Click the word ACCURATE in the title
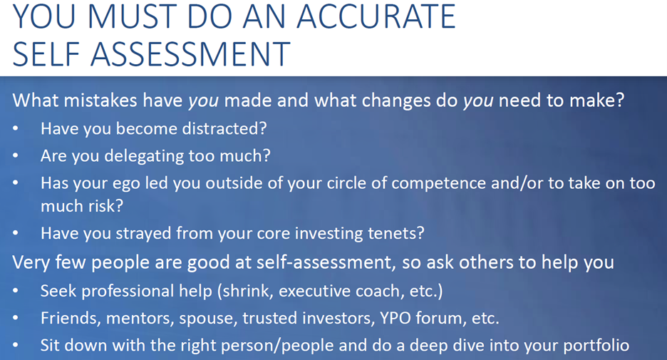click(376, 16)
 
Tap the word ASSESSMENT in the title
click(190, 54)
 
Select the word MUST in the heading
click(130, 16)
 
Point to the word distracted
click(224, 128)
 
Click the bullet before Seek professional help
click(15, 291)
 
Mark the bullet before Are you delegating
click(15, 155)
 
